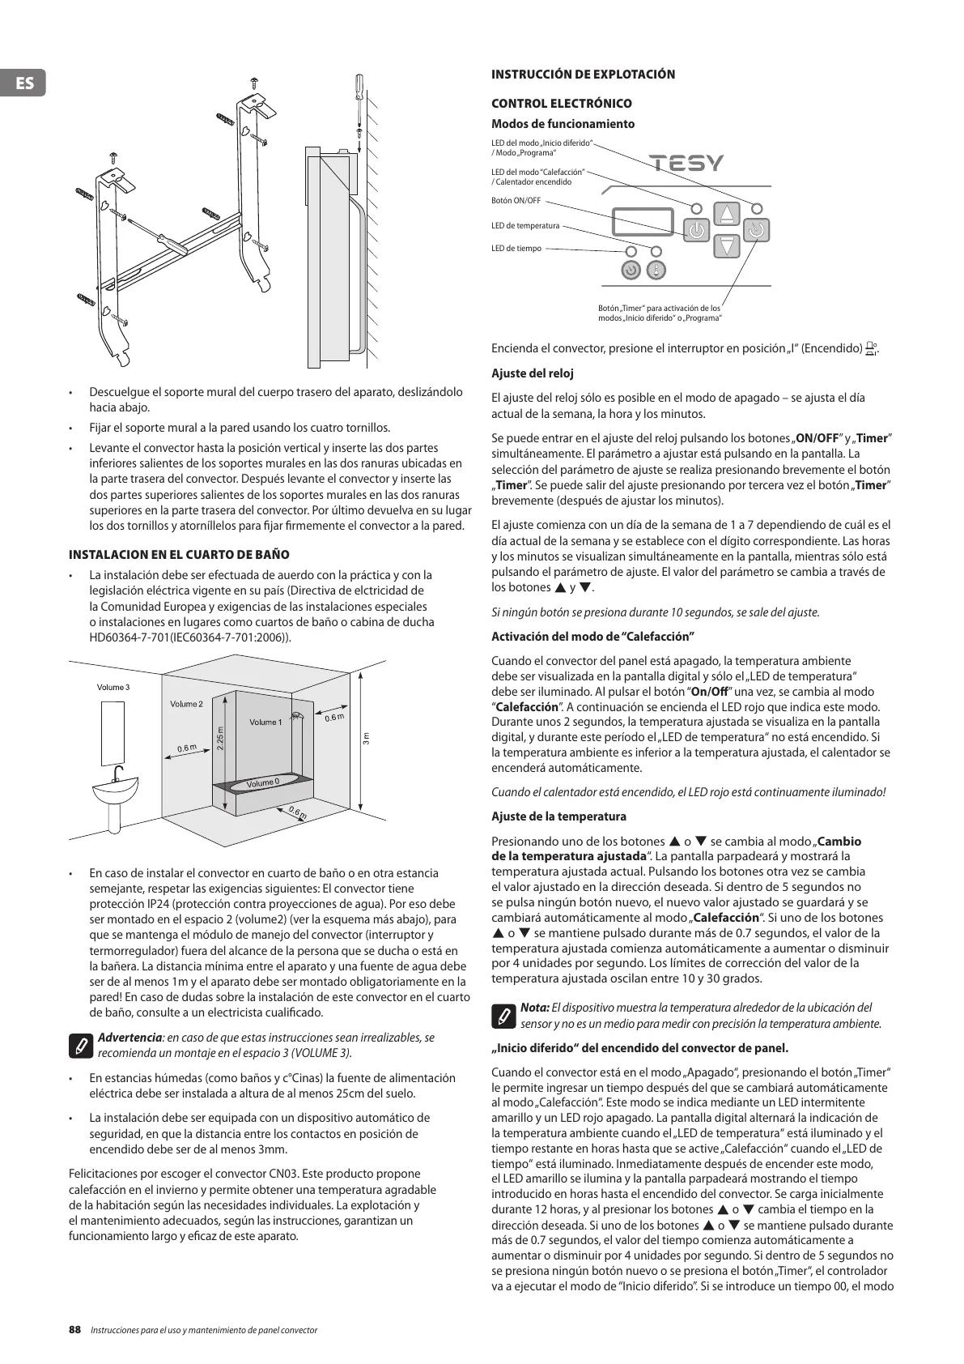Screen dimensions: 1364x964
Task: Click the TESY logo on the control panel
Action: pos(687,164)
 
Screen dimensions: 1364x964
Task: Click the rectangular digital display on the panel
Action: pos(643,222)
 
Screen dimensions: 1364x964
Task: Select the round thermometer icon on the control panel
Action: pos(656,271)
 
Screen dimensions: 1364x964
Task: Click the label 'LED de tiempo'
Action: pos(516,249)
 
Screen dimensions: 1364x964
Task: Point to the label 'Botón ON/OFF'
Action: pos(516,201)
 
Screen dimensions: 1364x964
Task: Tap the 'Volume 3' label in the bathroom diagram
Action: pos(113,688)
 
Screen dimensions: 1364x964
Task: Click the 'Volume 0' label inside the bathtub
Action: pos(262,782)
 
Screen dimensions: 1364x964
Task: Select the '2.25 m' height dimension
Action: pos(220,739)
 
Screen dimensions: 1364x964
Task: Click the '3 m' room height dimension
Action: pos(366,739)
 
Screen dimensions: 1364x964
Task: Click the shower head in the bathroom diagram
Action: pos(297,715)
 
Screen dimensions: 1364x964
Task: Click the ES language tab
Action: pos(23,83)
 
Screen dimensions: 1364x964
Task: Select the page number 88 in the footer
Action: pos(75,1329)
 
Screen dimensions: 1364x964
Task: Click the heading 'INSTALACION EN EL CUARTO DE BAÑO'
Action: pos(179,555)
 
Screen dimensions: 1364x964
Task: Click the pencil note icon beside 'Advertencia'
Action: pos(82,1045)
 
